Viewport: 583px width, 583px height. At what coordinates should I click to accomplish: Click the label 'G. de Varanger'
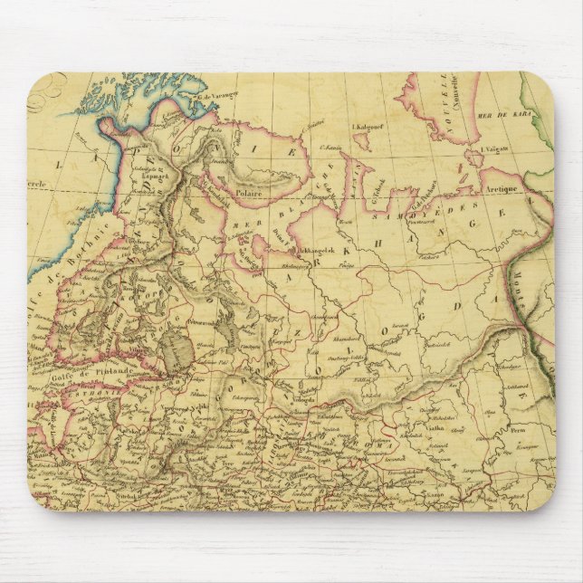[x=218, y=96]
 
